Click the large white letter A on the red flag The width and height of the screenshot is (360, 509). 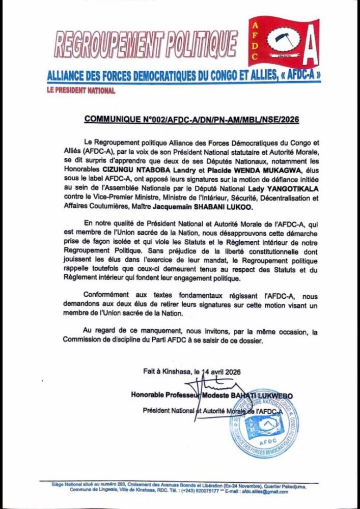tap(309, 48)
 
